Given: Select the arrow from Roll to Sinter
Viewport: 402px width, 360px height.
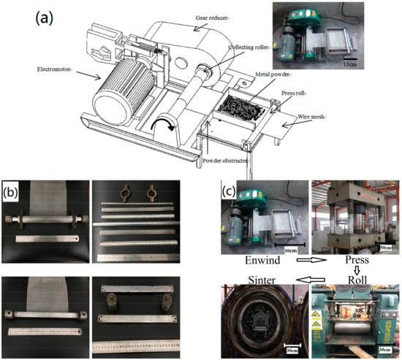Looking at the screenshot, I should pos(307,279).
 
